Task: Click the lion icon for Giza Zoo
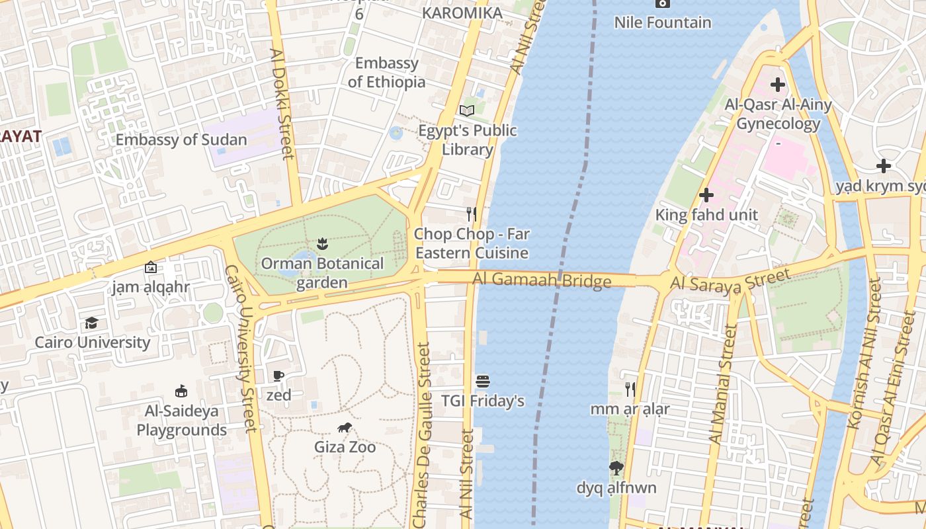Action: pos(344,428)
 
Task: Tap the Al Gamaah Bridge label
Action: pos(541,280)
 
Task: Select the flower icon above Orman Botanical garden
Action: pos(322,243)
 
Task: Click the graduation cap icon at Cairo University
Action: pos(91,323)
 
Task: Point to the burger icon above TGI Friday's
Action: pos(483,382)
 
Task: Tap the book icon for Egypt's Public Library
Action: pos(467,110)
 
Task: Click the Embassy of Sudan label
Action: pos(181,140)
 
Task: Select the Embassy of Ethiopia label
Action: pos(387,73)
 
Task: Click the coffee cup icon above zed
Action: pos(278,376)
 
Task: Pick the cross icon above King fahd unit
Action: pos(706,195)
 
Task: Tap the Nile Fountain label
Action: pos(663,22)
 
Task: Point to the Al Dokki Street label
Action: pos(282,104)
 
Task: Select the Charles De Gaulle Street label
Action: pos(421,435)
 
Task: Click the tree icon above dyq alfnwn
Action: pos(616,469)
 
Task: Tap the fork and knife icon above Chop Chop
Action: pos(472,214)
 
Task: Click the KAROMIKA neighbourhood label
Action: pos(462,13)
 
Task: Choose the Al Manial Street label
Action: pos(722,384)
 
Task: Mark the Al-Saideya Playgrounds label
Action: pos(181,421)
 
